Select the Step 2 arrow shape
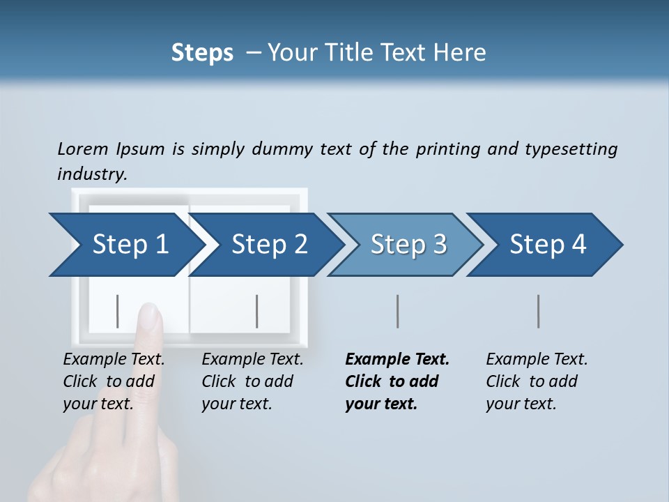[269, 245]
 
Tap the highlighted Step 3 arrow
[408, 245]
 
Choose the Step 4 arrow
[548, 245]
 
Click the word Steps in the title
[202, 52]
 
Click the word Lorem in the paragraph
[83, 149]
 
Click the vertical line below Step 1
[118, 311]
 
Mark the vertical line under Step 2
[257, 311]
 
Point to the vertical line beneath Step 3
[397, 311]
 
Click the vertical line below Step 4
[538, 311]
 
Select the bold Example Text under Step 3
[397, 360]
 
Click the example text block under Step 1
[114, 381]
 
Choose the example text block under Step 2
[252, 381]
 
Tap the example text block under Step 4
[537, 381]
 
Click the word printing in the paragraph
[447, 149]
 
